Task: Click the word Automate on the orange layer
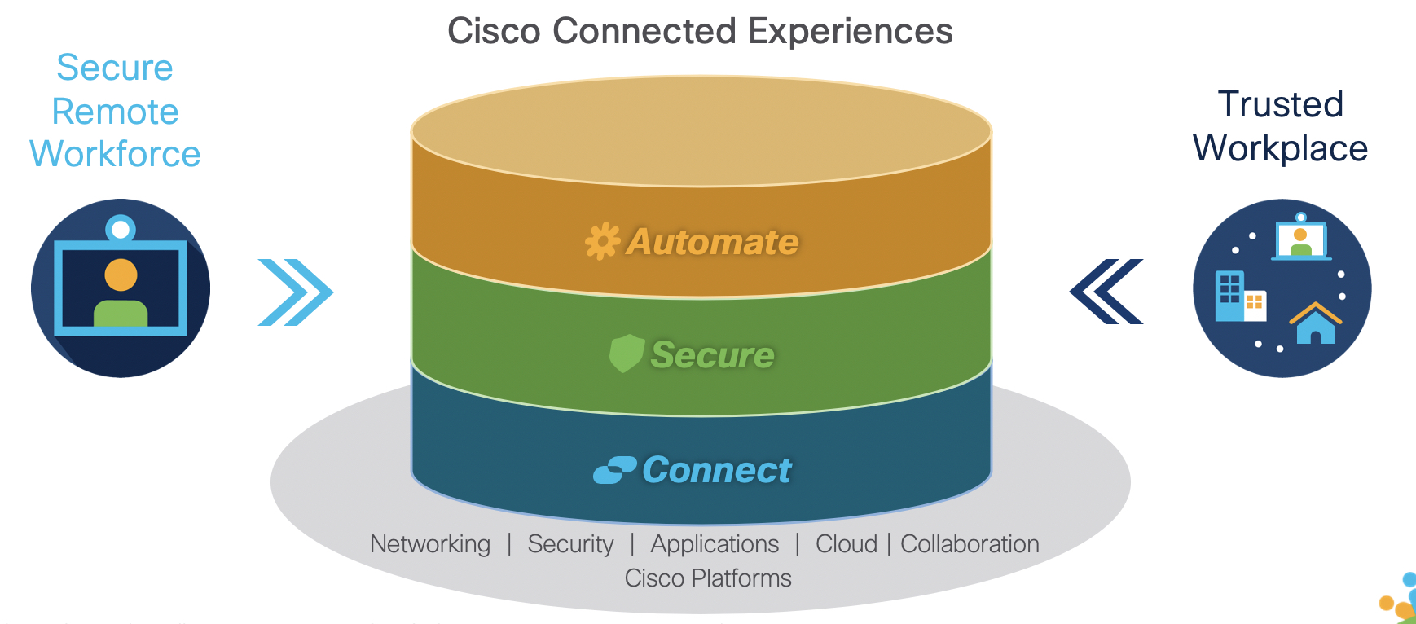click(712, 242)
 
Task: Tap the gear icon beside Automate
click(602, 242)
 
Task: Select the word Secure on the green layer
click(712, 355)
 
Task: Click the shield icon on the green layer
click(627, 354)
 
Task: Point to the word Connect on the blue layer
click(716, 470)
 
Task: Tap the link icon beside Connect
click(614, 470)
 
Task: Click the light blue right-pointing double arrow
click(295, 292)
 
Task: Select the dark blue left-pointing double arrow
click(1106, 292)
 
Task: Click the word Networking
click(430, 543)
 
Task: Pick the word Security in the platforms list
click(570, 543)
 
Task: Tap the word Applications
click(715, 543)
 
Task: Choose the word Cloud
click(847, 543)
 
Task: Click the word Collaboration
click(970, 543)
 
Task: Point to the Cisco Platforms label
click(708, 578)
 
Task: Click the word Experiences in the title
click(850, 32)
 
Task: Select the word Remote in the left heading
click(115, 112)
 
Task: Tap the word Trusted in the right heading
click(1280, 104)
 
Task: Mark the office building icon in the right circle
click(1230, 296)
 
